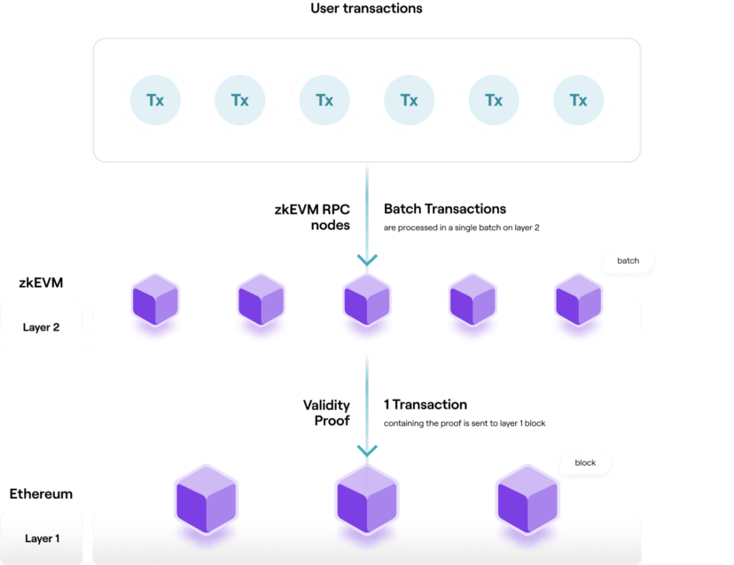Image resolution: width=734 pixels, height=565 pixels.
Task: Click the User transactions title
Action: (366, 9)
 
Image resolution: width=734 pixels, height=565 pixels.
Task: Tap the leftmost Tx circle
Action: (155, 100)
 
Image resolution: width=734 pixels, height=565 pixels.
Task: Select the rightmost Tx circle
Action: (579, 100)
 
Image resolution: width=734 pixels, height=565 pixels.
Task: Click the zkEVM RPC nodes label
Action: (312, 217)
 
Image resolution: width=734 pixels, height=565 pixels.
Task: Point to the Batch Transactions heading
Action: (445, 209)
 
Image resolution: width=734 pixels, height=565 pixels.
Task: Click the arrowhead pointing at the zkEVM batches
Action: (367, 260)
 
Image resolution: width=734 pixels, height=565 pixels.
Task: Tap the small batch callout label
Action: (629, 261)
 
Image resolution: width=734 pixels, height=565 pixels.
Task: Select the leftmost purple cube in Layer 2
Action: (155, 300)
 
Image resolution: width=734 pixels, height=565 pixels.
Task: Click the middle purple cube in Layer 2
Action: (367, 300)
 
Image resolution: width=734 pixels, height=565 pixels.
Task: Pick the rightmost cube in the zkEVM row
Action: (579, 300)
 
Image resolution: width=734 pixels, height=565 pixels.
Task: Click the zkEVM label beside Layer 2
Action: (41, 283)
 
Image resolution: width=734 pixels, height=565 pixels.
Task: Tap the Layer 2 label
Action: (41, 328)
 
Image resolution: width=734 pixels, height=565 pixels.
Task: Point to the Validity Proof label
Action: (326, 413)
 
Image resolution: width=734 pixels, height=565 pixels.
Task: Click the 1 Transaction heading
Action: (426, 405)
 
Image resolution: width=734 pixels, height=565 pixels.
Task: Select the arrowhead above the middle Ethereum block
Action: (367, 451)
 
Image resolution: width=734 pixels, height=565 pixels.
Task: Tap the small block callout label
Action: (585, 463)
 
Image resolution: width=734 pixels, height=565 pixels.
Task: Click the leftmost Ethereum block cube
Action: (207, 499)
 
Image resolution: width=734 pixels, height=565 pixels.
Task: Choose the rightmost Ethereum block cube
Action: (527, 499)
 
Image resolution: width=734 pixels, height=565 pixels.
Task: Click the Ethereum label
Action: (41, 494)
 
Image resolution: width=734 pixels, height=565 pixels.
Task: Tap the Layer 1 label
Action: (43, 538)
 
